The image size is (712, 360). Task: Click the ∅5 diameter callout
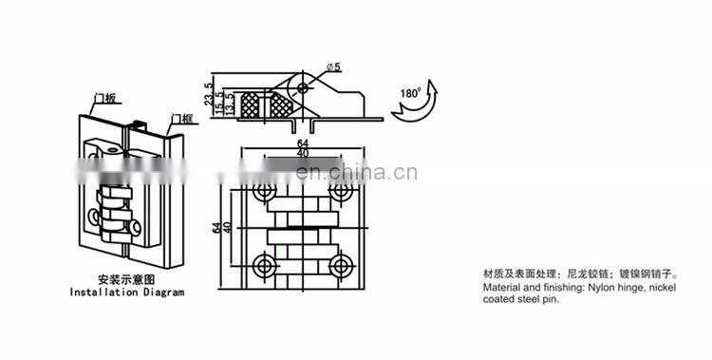pyautogui.click(x=334, y=66)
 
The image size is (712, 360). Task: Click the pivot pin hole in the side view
pyautogui.click(x=303, y=86)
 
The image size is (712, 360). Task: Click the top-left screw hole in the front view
pyautogui.click(x=264, y=193)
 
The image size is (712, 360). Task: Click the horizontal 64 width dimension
pyautogui.click(x=301, y=144)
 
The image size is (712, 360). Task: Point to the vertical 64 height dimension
pyautogui.click(x=216, y=227)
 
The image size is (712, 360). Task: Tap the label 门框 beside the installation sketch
pyautogui.click(x=181, y=118)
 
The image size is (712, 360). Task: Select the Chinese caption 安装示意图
pyautogui.click(x=127, y=280)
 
